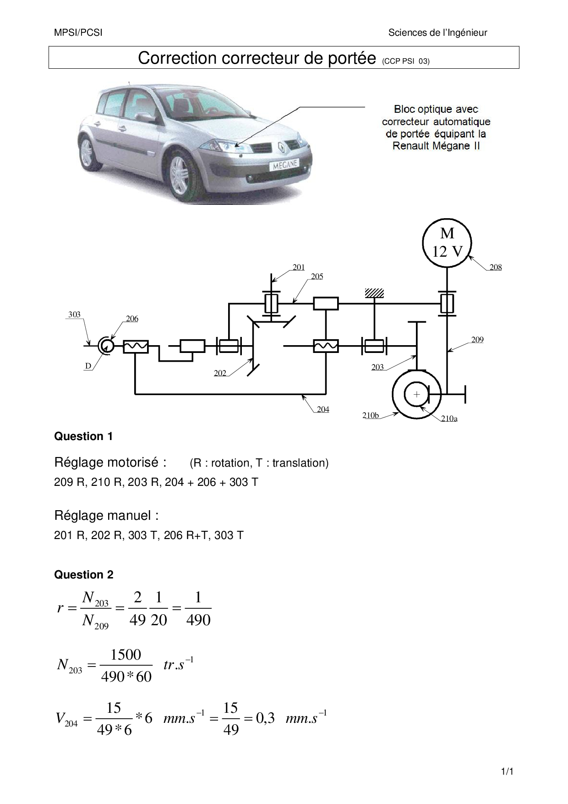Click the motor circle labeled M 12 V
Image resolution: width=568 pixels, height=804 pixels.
447,243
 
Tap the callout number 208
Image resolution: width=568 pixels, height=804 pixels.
496,267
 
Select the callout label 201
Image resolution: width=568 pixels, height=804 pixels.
299,267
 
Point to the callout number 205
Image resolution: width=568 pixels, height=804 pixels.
317,276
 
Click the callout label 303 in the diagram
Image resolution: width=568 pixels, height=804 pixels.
74,314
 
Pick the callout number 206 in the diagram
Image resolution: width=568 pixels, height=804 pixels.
132,319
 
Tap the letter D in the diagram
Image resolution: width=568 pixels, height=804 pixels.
88,366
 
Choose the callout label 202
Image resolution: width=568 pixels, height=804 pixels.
220,373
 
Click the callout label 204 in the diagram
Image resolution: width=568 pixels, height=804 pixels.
323,409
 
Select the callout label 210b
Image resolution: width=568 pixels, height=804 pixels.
371,416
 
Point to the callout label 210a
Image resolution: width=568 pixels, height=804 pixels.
449,419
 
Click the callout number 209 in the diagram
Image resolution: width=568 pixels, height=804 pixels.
477,340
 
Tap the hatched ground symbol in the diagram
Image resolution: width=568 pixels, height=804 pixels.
374,293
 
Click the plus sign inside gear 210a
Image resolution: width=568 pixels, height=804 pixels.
416,394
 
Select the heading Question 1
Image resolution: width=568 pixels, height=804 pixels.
83,436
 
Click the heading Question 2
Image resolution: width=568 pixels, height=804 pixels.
83,575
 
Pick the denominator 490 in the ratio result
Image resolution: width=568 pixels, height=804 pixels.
198,620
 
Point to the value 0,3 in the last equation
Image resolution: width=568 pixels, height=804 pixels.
265,717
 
